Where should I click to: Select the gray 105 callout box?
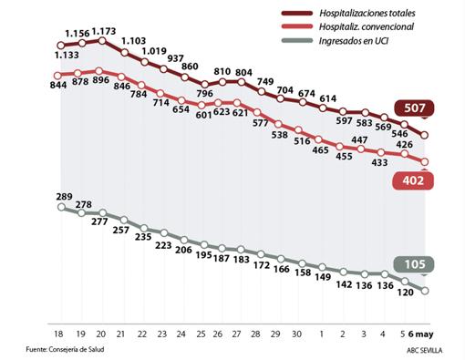click(x=414, y=265)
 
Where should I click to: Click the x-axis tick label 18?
click(x=59, y=334)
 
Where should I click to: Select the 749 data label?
click(x=265, y=82)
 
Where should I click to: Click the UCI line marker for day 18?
click(x=60, y=208)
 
